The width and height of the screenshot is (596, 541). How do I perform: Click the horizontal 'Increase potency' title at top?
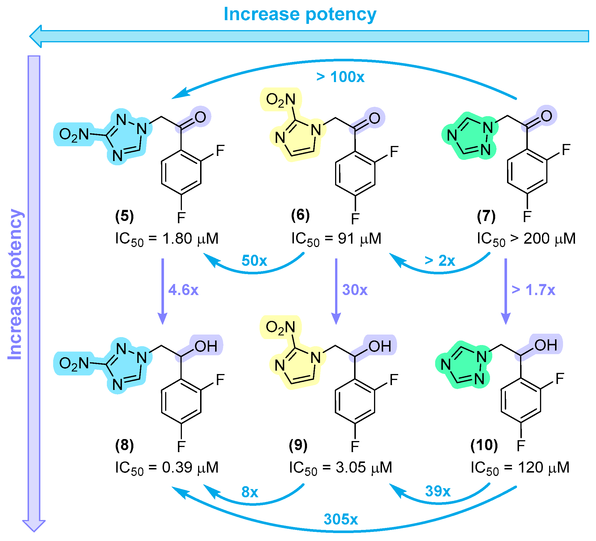coord(300,14)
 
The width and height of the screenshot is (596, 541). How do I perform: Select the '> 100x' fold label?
coord(340,77)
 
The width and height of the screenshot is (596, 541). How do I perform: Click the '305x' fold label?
coord(340,519)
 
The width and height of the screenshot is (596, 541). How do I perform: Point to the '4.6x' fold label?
coord(183,290)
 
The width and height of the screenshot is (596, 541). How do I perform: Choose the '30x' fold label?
coord(354,290)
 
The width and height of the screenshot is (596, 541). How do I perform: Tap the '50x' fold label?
coord(254,261)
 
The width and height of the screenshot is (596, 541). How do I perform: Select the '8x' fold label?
coord(250,492)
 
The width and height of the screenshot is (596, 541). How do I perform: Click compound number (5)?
coord(124,216)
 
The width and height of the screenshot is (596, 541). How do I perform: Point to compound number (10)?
coord(484,445)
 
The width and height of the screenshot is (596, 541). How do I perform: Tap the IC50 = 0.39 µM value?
coord(167,467)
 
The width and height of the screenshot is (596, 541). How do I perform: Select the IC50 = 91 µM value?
coord(336,239)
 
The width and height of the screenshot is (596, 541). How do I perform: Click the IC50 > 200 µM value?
coord(526,239)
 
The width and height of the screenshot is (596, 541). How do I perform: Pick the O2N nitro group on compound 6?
coord(281,100)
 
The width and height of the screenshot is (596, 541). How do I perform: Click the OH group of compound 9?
coord(380,346)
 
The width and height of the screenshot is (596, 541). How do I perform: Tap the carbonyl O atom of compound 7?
coord(546,116)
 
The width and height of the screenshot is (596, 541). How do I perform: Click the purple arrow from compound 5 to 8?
coord(163,291)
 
